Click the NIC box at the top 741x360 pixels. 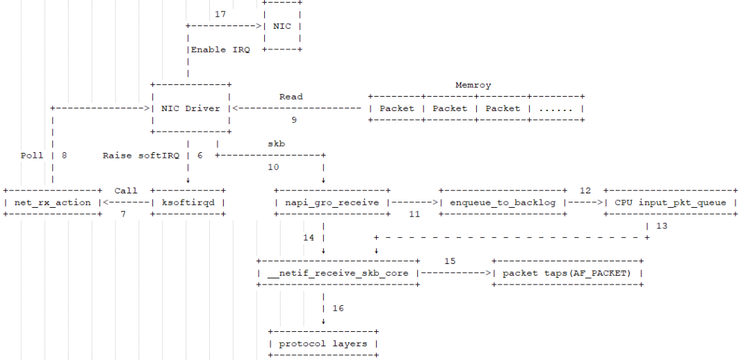282,26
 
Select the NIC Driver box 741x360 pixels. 191,108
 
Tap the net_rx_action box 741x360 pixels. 52,203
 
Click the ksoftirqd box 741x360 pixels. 188,203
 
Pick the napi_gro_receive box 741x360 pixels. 332,203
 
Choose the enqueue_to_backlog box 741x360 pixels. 503,203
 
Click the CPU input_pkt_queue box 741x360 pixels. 670,203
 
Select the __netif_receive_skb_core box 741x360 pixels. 338,273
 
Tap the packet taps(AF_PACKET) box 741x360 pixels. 567,273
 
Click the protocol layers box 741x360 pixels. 323,344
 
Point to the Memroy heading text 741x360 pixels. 473,86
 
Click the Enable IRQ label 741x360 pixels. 220,49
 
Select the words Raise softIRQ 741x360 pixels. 141,156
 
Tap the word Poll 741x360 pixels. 32,156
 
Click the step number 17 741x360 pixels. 220,14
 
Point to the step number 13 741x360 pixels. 661,226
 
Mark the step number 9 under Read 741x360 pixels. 294,120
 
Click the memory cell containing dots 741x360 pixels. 556,108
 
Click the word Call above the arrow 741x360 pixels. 126,191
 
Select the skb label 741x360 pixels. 276,143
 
